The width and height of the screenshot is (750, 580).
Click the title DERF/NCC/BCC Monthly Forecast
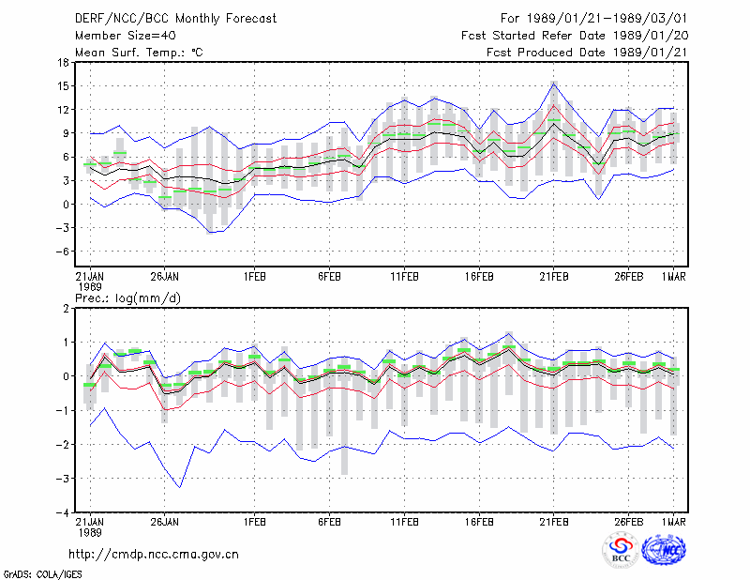pyautogui.click(x=175, y=19)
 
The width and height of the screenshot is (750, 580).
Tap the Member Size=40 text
pyautogui.click(x=126, y=36)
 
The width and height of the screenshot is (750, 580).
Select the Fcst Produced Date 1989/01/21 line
pyautogui.click(x=587, y=53)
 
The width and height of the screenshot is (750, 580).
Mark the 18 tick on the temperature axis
pyautogui.click(x=63, y=62)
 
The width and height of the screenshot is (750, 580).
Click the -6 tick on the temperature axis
pyautogui.click(x=62, y=252)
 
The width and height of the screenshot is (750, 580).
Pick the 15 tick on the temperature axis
pyautogui.click(x=63, y=86)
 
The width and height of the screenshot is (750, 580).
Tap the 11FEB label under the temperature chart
pyautogui.click(x=405, y=277)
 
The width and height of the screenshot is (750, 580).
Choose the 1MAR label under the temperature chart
pyautogui.click(x=673, y=277)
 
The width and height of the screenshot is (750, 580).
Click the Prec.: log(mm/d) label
pyautogui.click(x=127, y=298)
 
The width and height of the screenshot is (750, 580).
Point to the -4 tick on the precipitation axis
pyautogui.click(x=62, y=512)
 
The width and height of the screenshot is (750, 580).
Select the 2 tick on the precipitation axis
pyautogui.click(x=66, y=309)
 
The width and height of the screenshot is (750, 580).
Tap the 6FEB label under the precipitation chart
pyautogui.click(x=330, y=522)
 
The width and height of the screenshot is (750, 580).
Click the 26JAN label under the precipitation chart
pyautogui.click(x=165, y=522)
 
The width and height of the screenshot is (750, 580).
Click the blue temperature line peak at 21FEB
pyautogui.click(x=554, y=84)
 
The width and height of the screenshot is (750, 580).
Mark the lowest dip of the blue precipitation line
pyautogui.click(x=180, y=487)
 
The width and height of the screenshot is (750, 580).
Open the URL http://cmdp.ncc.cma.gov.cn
pyautogui.click(x=154, y=555)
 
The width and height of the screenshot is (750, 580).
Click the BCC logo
pyautogui.click(x=621, y=550)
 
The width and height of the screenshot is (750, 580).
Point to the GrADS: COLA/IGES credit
pyautogui.click(x=42, y=574)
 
